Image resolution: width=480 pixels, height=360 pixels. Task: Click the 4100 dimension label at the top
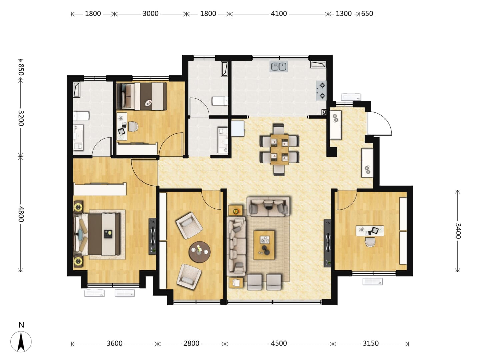pyautogui.click(x=279, y=14)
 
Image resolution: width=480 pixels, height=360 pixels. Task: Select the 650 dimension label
pyautogui.click(x=367, y=14)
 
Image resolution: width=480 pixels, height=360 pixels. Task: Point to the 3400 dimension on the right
pyautogui.click(x=457, y=231)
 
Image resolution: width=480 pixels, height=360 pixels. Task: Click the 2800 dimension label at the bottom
pyautogui.click(x=191, y=343)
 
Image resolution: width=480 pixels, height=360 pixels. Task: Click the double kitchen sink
pyautogui.click(x=279, y=66)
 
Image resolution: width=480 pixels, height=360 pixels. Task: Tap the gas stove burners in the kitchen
pyautogui.click(x=321, y=90)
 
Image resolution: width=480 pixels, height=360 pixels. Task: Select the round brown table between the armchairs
pyautogui.click(x=200, y=252)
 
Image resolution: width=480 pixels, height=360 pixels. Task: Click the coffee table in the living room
pyautogui.click(x=264, y=245)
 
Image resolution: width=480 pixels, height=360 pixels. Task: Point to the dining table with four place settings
pyautogui.click(x=279, y=150)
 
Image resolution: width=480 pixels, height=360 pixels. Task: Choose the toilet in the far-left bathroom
pyautogui.click(x=81, y=116)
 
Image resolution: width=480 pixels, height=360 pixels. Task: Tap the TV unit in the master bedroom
pyautogui.click(x=152, y=236)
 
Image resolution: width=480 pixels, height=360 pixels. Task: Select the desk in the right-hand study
pyautogui.click(x=370, y=231)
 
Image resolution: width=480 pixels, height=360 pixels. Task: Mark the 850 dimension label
pyautogui.click(x=21, y=70)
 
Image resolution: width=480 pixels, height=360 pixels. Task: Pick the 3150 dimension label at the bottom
pyautogui.click(x=371, y=343)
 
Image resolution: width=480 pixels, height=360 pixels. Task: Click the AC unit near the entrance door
pyautogui.click(x=351, y=97)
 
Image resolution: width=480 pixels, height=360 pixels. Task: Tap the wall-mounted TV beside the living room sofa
pyautogui.click(x=328, y=243)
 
